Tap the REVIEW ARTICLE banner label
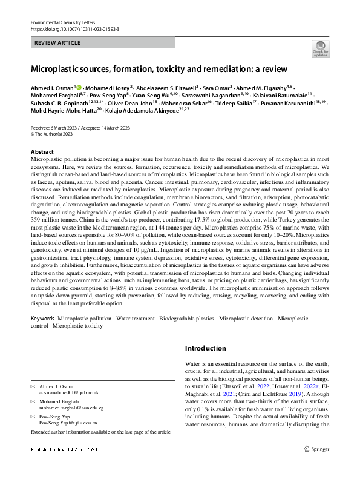tap(59, 42)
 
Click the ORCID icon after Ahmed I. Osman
tap(79, 88)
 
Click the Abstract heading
tap(42, 152)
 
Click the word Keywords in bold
tap(43, 318)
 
